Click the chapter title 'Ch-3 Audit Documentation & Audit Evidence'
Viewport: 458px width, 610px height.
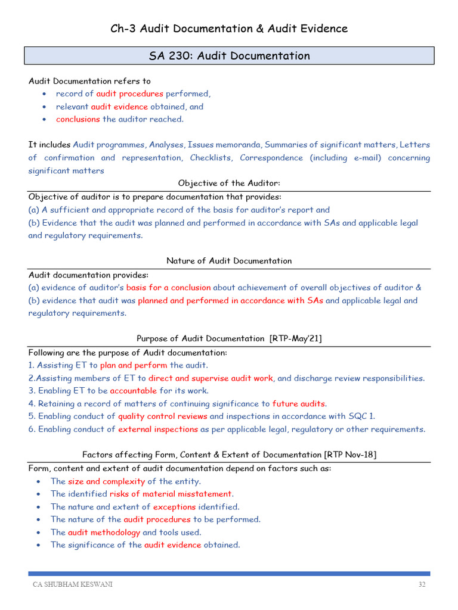click(229, 28)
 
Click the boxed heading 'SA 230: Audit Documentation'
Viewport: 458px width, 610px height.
click(229, 56)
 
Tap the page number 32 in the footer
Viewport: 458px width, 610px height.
click(422, 585)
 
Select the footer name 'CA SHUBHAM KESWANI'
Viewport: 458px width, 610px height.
click(72, 585)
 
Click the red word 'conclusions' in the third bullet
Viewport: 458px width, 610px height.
click(78, 119)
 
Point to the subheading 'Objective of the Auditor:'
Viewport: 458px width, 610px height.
click(229, 183)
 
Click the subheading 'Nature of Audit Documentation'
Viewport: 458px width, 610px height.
click(229, 261)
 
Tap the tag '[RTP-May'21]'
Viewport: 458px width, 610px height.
click(296, 338)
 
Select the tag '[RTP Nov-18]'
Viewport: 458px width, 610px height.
click(350, 455)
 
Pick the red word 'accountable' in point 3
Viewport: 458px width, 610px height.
click(134, 391)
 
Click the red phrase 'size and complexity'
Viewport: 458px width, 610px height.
click(106, 481)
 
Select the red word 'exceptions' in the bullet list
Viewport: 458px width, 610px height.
click(174, 507)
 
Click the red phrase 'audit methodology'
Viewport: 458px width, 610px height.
click(104, 533)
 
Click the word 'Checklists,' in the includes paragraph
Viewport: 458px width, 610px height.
click(215, 158)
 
